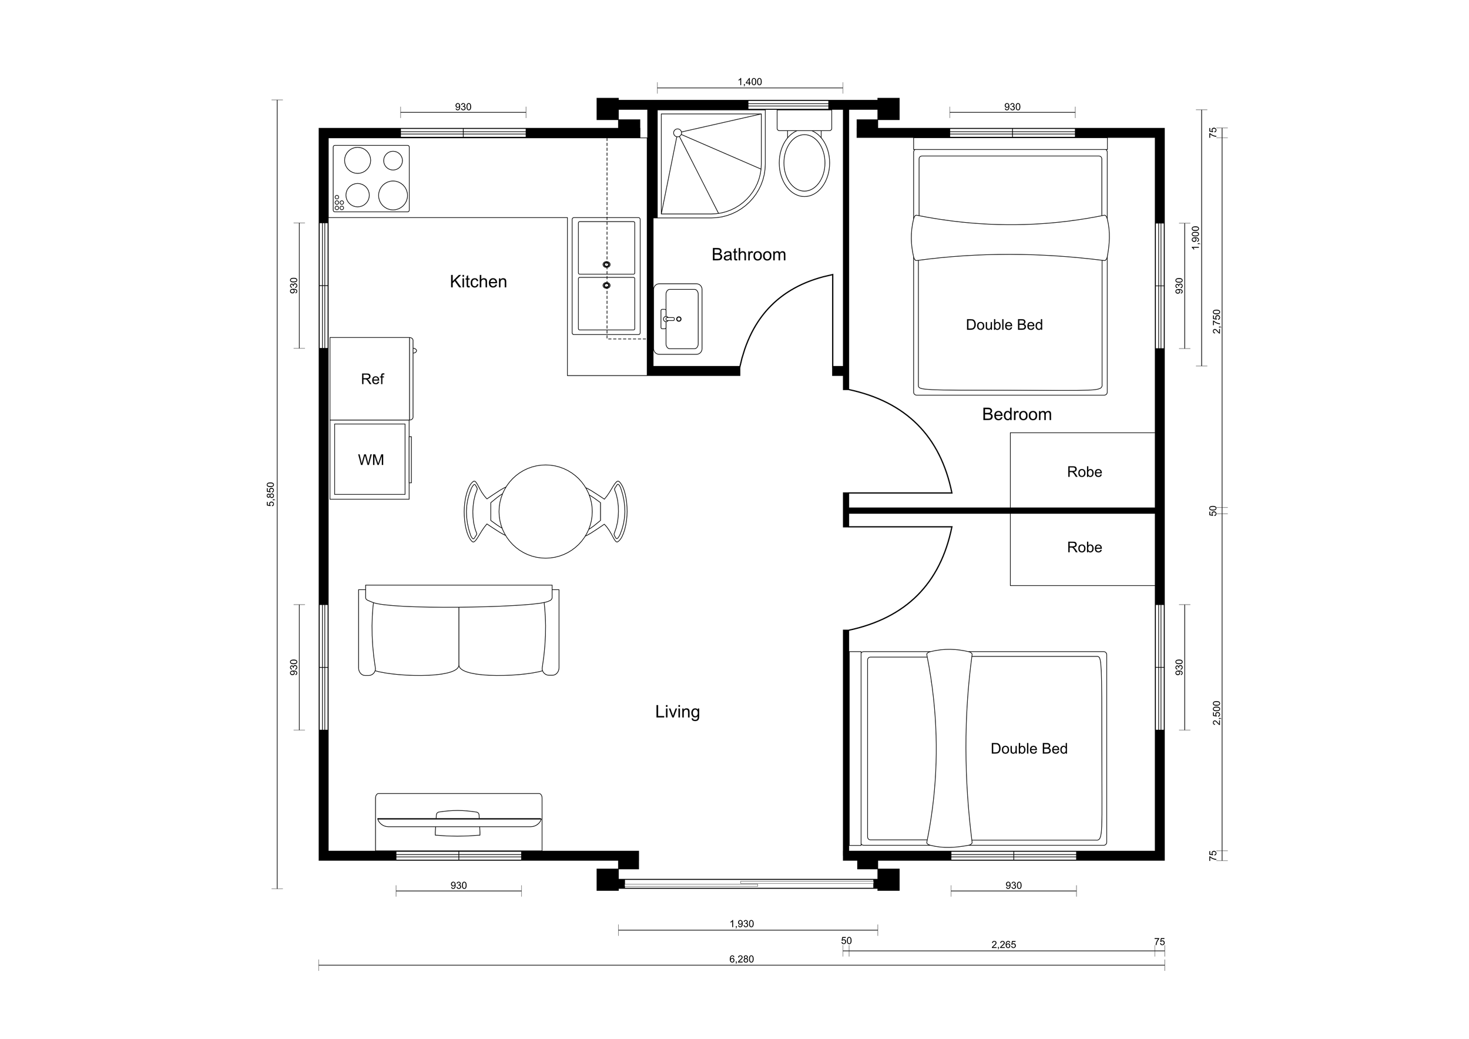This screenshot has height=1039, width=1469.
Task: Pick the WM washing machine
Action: tap(370, 460)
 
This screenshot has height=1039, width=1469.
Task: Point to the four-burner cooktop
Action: tap(371, 179)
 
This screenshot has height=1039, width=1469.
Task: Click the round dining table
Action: tap(545, 512)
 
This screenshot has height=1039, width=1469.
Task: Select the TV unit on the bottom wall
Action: tap(458, 822)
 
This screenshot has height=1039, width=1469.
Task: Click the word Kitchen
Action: tap(478, 281)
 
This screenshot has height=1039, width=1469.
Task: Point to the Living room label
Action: tap(677, 712)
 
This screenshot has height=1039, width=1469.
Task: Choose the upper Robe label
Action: tap(1084, 472)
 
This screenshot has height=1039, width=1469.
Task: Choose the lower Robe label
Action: tap(1084, 548)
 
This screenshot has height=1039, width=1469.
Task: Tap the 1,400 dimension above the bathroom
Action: tap(749, 82)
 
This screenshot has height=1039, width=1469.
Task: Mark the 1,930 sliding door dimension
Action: tap(742, 924)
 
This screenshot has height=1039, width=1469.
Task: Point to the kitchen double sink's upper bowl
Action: tap(606, 247)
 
